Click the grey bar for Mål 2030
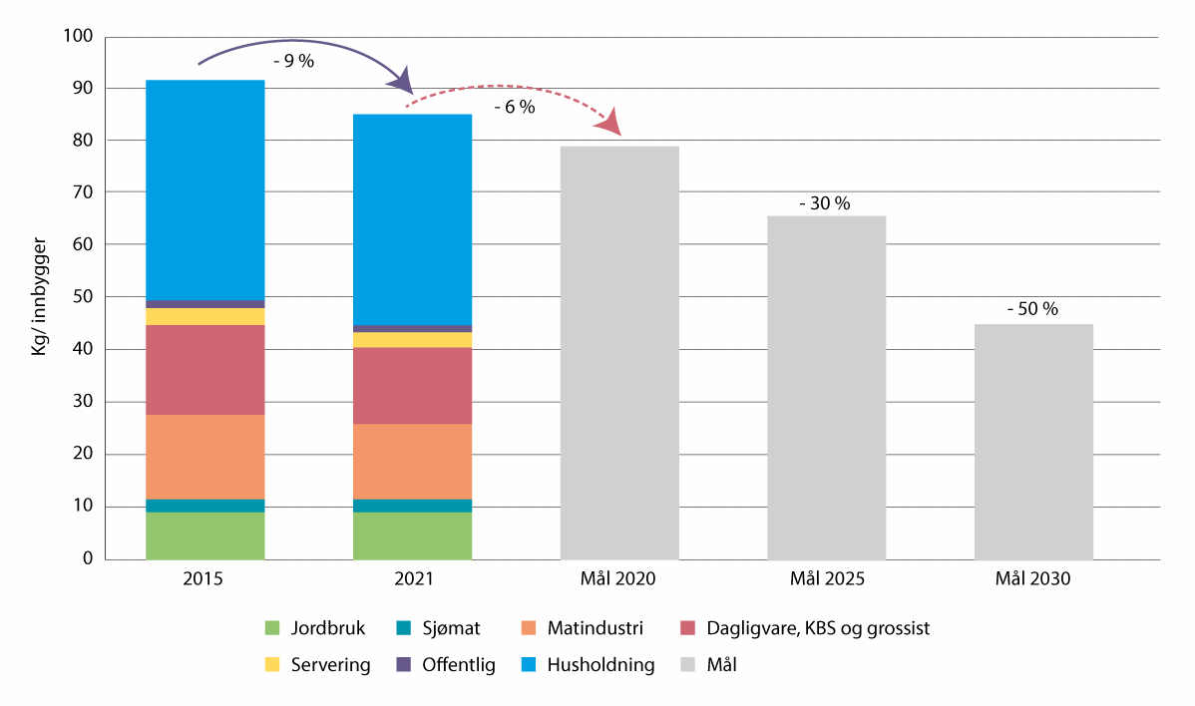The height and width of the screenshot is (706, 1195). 1033,441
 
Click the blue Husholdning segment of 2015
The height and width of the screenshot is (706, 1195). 205,189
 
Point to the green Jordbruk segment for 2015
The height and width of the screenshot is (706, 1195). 205,535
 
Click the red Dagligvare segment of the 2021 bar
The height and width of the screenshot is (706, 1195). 412,386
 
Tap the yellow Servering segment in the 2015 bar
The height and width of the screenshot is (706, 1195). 205,316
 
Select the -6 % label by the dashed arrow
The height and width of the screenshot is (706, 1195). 514,107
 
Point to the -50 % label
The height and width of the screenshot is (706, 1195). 1032,309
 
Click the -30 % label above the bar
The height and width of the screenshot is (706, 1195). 825,203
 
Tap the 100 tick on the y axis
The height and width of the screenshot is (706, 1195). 78,37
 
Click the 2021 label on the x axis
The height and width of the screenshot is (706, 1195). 412,578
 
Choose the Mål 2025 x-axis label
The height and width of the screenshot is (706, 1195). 826,578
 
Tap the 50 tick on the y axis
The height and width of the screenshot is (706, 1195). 82,297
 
